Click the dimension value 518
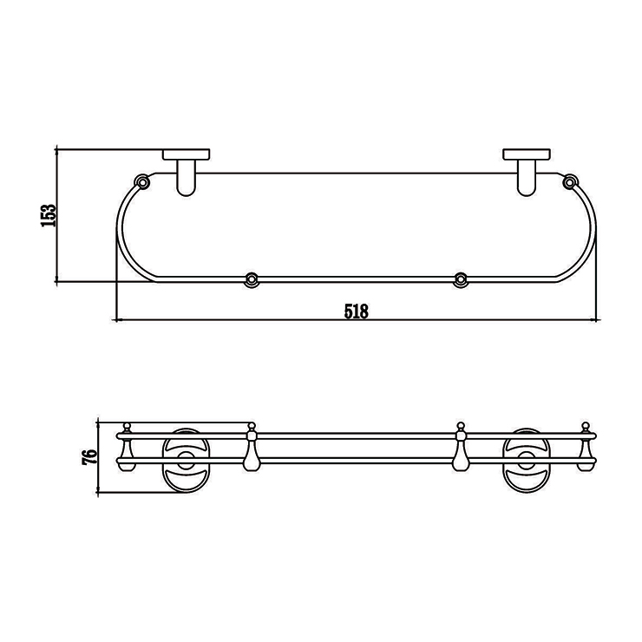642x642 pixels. [x=357, y=311]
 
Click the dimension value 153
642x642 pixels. [x=48, y=215]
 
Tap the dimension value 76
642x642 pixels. [x=89, y=456]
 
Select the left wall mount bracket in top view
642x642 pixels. [x=187, y=172]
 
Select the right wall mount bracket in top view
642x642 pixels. [x=527, y=172]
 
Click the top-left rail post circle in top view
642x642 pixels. [x=142, y=181]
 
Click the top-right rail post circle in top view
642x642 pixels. [x=569, y=181]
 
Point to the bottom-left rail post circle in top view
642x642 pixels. [x=252, y=279]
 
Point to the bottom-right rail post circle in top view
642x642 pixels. [x=461, y=279]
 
